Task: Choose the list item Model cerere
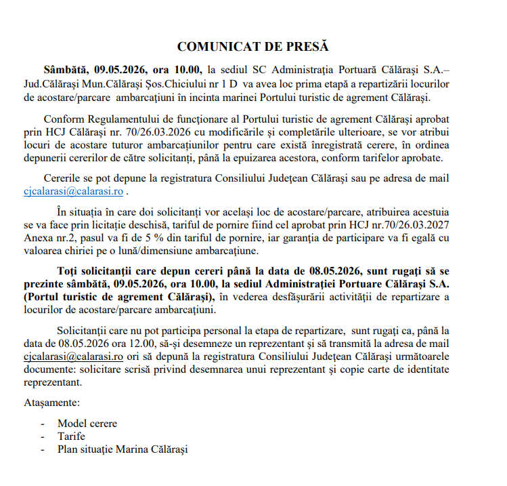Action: [87, 424]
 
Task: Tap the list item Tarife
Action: [72, 437]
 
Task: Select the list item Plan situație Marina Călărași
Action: [122, 449]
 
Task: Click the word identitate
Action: [426, 369]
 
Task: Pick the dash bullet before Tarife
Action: [43, 437]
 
